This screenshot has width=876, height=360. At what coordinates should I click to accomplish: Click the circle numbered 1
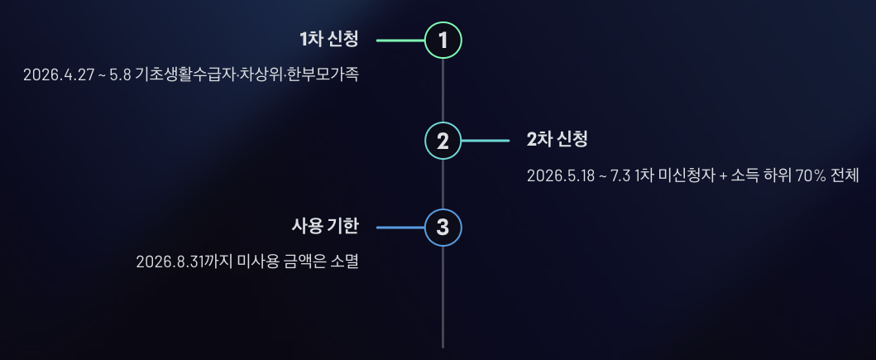(x=443, y=40)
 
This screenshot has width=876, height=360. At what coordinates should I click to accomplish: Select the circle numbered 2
(x=443, y=141)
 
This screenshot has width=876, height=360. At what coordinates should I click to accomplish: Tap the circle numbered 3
(x=443, y=227)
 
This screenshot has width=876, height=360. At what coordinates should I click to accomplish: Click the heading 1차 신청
(x=329, y=39)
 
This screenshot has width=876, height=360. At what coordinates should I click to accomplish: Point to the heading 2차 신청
(x=557, y=140)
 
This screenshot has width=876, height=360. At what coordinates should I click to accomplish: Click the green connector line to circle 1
(x=400, y=40)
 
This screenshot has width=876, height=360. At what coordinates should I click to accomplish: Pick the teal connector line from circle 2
(x=486, y=141)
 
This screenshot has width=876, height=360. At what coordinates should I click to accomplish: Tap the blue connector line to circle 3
(x=400, y=227)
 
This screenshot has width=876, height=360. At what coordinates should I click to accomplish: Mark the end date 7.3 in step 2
(x=620, y=176)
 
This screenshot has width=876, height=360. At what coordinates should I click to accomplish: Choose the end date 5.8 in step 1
(x=121, y=75)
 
